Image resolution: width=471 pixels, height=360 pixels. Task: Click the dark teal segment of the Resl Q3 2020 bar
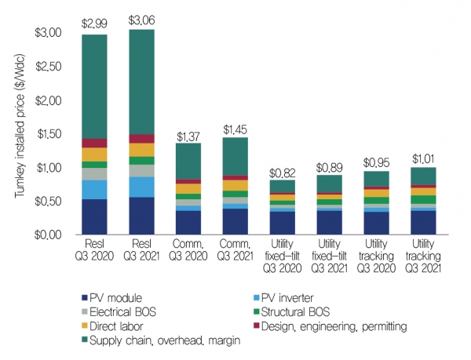point(94,86)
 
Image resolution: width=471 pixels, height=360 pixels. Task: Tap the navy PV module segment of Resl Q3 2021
point(141,216)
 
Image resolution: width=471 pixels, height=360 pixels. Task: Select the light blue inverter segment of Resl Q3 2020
point(94,190)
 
